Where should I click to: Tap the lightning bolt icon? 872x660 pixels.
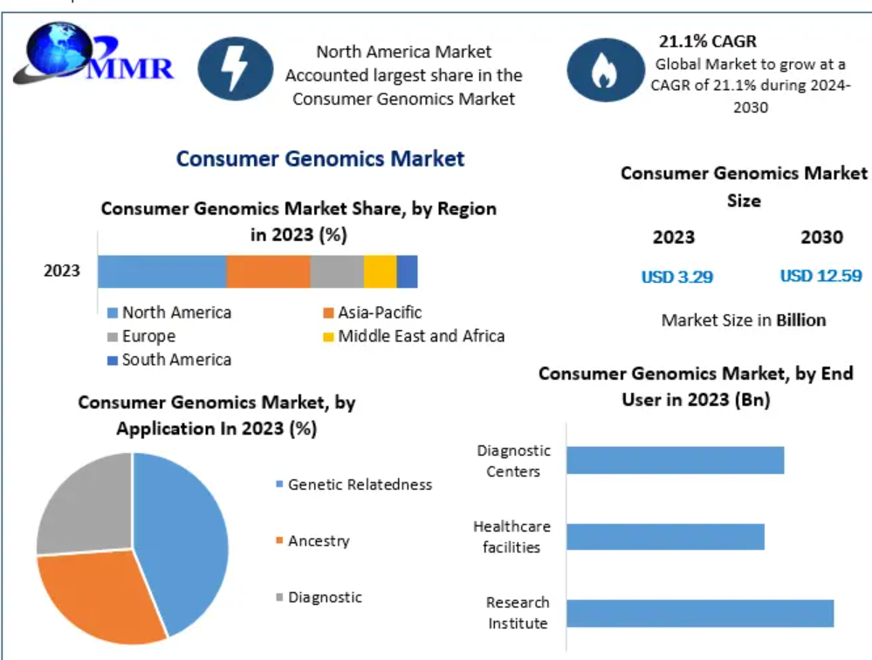236,68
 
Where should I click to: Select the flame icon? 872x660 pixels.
606,70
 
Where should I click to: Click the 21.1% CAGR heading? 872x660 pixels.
707,41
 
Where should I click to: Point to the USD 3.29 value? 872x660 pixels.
676,277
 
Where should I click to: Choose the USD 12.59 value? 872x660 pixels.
821,276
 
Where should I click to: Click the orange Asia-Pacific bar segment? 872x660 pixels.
268,272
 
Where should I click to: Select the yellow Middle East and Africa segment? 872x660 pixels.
381,272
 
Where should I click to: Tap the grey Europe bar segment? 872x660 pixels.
337,272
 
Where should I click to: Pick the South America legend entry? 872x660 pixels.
169,360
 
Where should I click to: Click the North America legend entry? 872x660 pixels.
169,313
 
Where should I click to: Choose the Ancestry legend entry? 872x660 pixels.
313,541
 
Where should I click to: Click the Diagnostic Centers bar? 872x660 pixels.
675,460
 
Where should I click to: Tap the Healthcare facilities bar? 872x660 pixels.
666,537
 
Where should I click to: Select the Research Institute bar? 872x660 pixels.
700,614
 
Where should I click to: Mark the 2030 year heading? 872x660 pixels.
822,237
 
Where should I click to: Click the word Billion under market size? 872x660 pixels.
801,320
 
